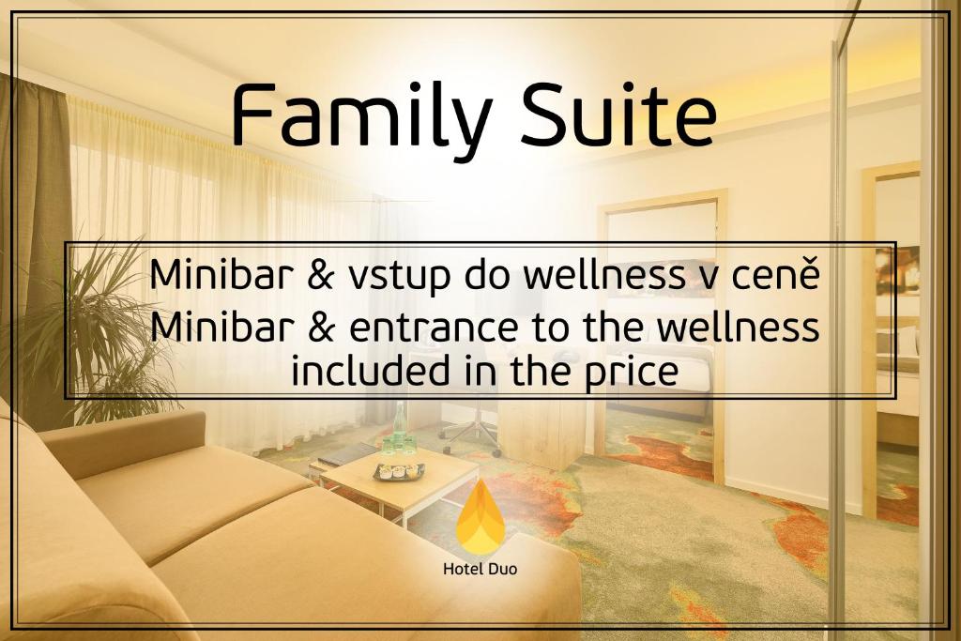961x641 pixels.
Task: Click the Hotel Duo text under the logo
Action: [x=480, y=568]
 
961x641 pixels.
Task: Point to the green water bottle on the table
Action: [x=400, y=427]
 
